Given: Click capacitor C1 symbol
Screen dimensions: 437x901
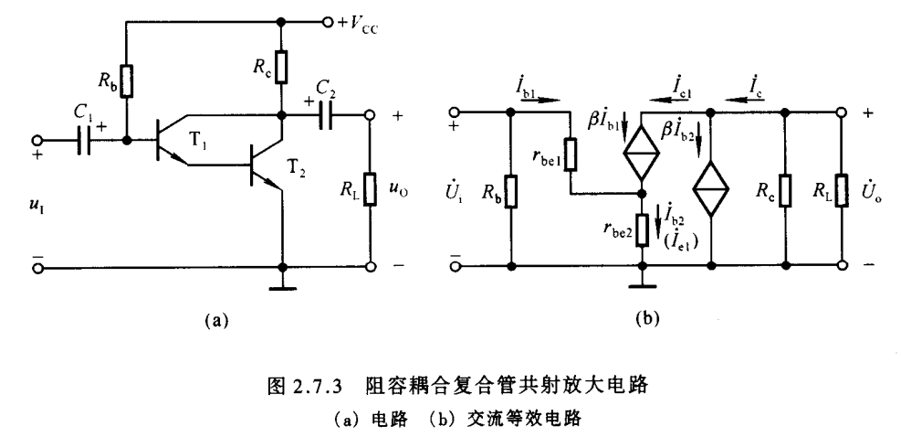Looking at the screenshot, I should coord(85,143).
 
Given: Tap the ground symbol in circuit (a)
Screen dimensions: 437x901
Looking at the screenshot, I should coord(282,293).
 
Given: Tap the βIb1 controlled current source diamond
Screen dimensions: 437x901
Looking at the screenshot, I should coord(642,156).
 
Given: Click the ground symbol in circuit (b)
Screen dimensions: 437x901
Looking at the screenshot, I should coord(643,292).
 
